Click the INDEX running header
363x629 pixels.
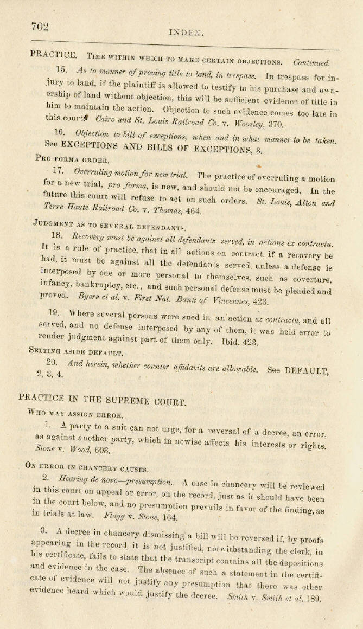(186, 32)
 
